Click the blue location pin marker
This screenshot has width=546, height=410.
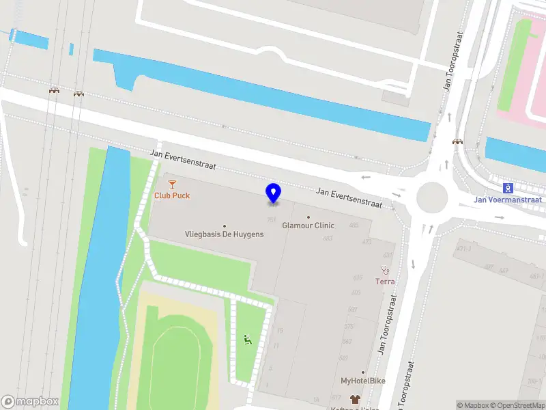point(274,193)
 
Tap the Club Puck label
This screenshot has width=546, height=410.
point(172,195)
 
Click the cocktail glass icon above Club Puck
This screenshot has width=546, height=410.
point(172,184)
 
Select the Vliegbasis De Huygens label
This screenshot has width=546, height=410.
point(224,234)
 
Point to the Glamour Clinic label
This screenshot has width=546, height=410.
point(308,225)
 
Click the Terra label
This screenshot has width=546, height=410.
point(385,281)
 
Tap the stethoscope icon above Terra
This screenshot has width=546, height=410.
point(385,270)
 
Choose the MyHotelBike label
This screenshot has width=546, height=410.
point(364,381)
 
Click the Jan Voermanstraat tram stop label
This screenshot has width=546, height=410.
point(509,200)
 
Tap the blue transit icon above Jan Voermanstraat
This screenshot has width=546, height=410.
point(508,188)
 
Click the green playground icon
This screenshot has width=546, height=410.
point(247,338)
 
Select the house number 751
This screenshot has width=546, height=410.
point(272,219)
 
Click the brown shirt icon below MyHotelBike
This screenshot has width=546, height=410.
point(354,399)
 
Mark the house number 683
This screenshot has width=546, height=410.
point(328,238)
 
